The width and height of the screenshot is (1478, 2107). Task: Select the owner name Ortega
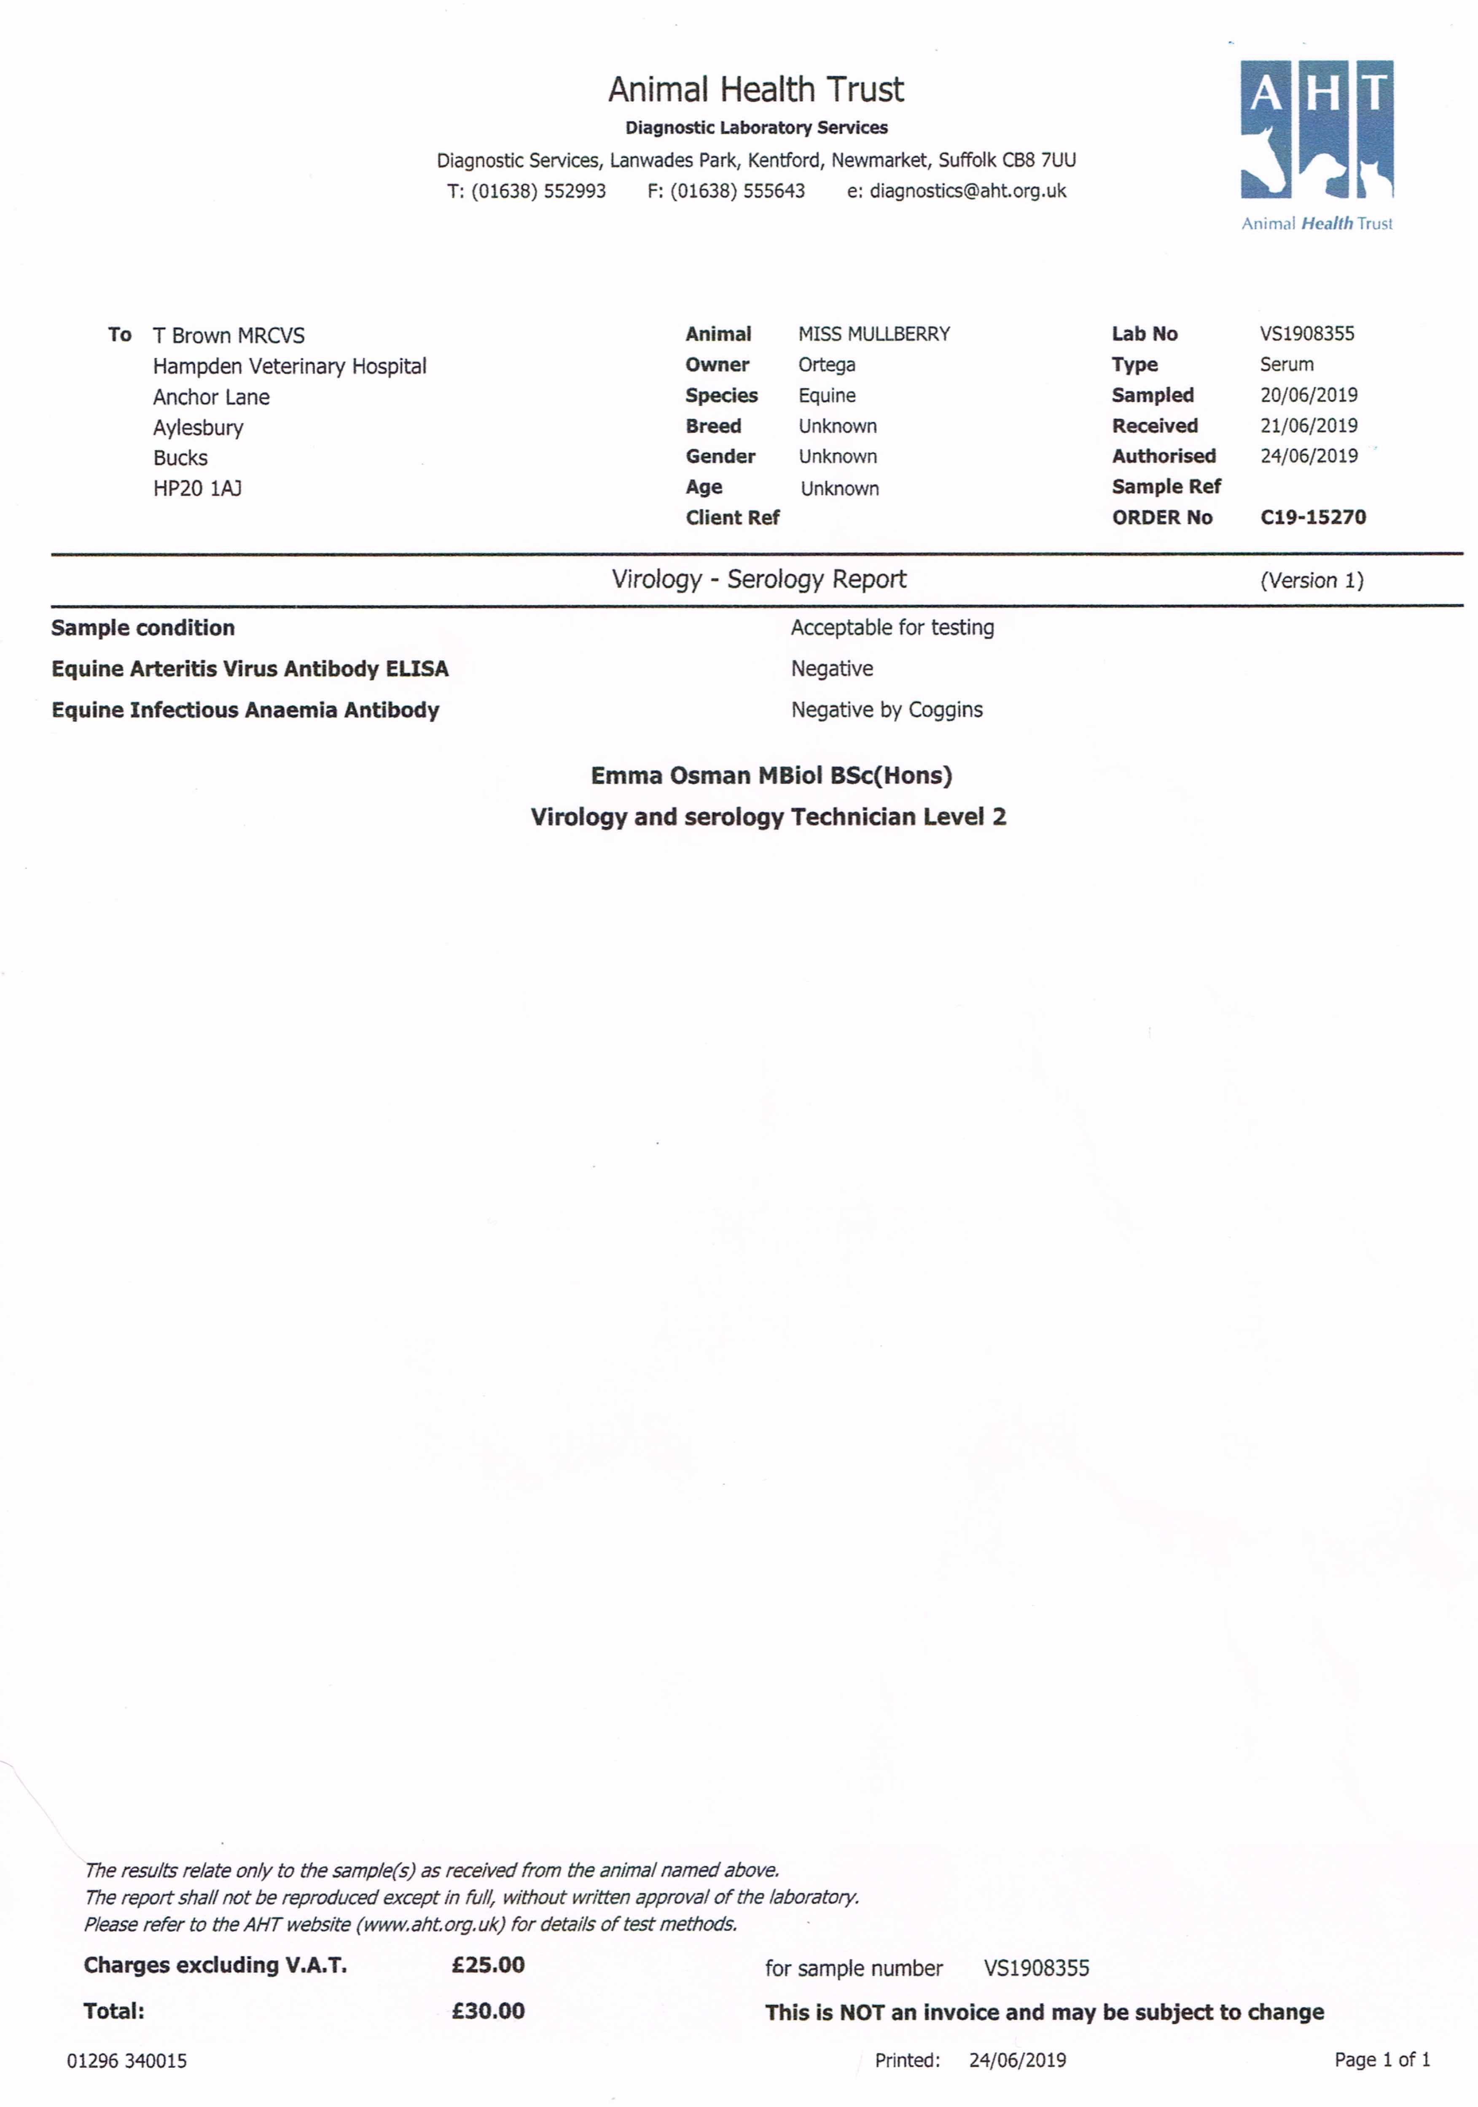[826, 365]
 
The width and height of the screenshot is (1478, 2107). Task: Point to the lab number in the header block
[1306, 334]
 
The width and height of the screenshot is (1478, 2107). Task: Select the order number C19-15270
[1313, 517]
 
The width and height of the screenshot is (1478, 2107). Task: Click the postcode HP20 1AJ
[197, 488]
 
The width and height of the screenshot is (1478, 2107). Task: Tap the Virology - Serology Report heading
[758, 579]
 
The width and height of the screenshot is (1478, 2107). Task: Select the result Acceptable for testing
[892, 628]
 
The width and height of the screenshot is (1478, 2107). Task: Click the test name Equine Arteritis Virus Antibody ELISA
[250, 669]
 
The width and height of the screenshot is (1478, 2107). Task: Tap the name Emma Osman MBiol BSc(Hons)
[771, 775]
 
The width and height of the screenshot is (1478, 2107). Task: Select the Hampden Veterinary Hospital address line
[289, 366]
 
